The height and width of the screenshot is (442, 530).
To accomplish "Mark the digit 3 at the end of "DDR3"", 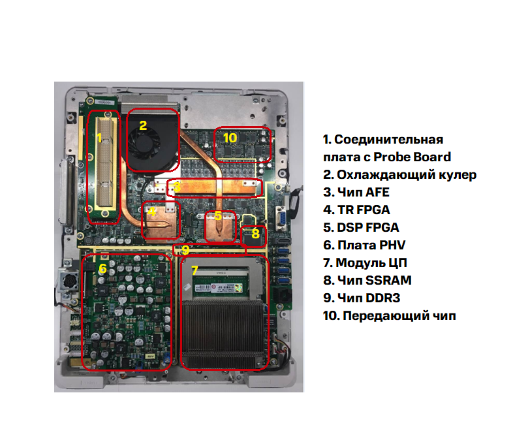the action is pos(396,298).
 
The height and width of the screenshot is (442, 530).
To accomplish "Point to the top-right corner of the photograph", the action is pos(304,82).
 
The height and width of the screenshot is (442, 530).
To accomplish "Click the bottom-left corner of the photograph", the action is pos(54,392).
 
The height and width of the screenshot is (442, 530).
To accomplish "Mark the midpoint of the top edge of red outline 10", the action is pos(243,127).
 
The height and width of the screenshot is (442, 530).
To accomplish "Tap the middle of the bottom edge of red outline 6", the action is pos(127,370).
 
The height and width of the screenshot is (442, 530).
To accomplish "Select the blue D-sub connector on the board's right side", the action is pos(280,218).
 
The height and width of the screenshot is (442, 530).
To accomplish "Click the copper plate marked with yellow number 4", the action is pos(161,221).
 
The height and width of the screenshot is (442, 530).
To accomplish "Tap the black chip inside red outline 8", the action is pos(253,237).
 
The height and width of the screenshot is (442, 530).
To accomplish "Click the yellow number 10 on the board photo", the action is pos(230,138).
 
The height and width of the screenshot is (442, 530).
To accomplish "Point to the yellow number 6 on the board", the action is pos(102,268).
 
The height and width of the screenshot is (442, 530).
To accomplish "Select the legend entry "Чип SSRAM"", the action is pos(367,280).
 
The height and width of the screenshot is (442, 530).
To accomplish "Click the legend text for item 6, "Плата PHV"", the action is pos(364,245).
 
